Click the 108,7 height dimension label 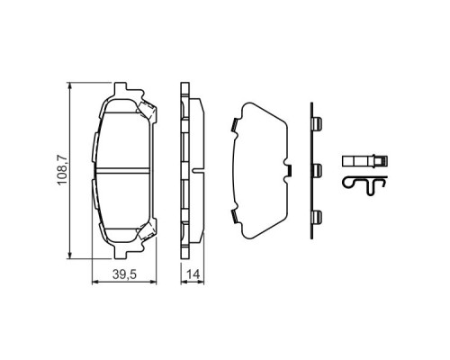click(x=63, y=170)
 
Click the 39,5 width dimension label click(x=124, y=274)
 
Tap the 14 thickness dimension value click(x=193, y=274)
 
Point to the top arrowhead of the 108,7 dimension click(x=70, y=86)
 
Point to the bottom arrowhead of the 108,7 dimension click(x=70, y=255)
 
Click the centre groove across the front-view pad click(x=123, y=170)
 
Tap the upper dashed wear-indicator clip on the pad click(x=148, y=111)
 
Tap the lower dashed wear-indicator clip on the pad click(x=148, y=230)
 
